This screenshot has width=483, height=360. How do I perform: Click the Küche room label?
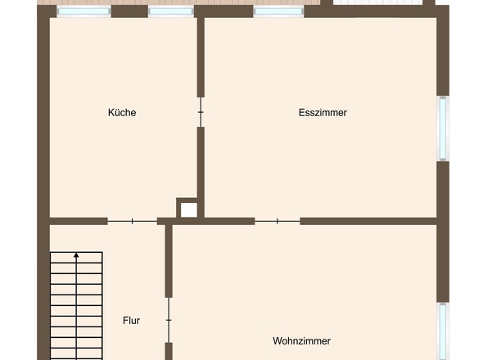[x=122, y=113]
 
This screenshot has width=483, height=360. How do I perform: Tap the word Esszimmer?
[x=323, y=113]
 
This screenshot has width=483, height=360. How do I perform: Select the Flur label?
[x=131, y=321]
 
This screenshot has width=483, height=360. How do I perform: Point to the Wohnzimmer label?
[x=302, y=340]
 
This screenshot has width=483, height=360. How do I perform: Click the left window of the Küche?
[x=84, y=12]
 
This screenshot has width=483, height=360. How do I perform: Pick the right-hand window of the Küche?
[x=170, y=12]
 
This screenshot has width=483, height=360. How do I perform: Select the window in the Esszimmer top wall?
[x=278, y=12]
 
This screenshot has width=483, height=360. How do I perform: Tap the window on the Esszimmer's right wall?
[x=443, y=128]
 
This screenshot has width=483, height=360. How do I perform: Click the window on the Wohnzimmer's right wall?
[x=443, y=331]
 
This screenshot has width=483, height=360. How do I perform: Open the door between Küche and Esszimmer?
[x=201, y=112]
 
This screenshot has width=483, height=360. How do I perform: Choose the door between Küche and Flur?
[x=133, y=221]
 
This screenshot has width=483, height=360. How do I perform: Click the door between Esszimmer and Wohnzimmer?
[x=278, y=221]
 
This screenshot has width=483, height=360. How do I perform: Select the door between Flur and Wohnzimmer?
[x=169, y=320]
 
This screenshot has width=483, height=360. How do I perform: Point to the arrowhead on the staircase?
[x=76, y=256]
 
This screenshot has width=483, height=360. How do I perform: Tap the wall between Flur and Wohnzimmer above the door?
[x=169, y=262]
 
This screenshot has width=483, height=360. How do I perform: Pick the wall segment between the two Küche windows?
[x=129, y=11]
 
